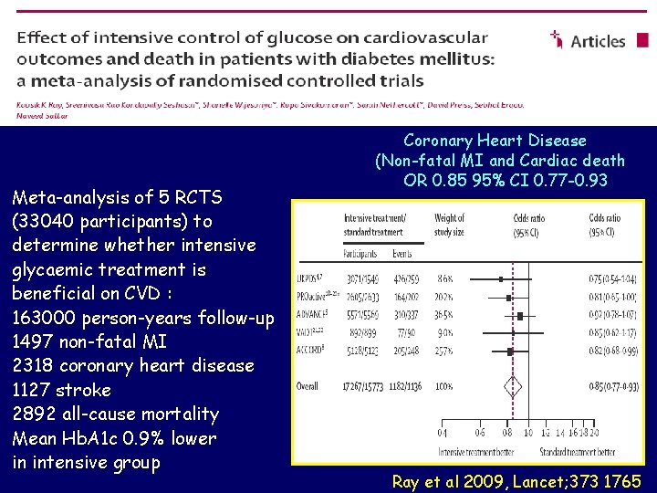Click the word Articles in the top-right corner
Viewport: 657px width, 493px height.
598,41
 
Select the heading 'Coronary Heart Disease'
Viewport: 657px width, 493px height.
495,140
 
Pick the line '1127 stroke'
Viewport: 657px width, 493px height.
62,390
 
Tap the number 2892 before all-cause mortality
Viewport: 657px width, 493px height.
35,414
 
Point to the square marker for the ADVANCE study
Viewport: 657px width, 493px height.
519,315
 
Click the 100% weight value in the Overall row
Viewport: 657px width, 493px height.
444,387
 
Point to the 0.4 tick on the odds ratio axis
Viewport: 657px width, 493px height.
442,433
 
